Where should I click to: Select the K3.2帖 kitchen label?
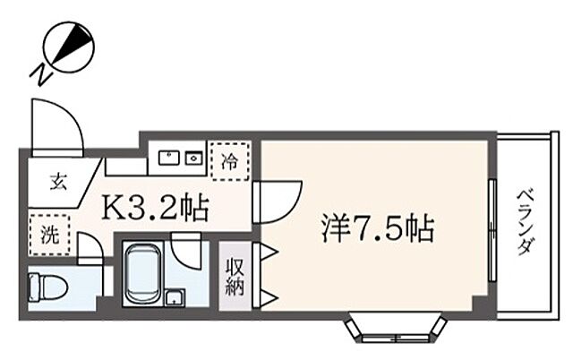pos(156,209)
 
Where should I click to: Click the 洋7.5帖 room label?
pos(377,230)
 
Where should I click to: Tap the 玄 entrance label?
pos(57,183)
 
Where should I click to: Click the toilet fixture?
pos(49,288)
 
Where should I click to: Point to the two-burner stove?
pos(193,159)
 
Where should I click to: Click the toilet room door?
pos(90,248)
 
